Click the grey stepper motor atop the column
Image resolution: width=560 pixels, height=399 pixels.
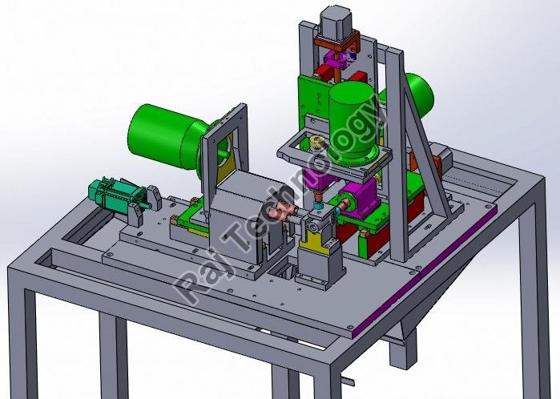click(336, 23)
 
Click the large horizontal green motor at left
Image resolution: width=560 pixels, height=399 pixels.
click(168, 138)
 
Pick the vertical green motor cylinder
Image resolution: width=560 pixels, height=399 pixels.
click(351, 123)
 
